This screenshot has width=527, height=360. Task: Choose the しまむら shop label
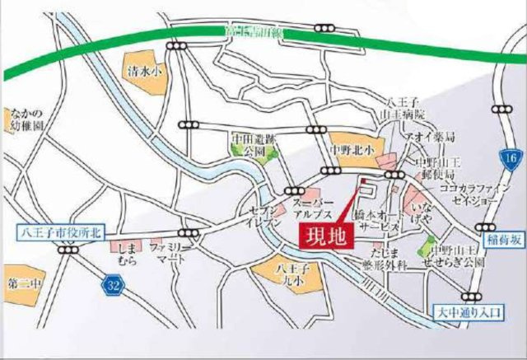(127, 253)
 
